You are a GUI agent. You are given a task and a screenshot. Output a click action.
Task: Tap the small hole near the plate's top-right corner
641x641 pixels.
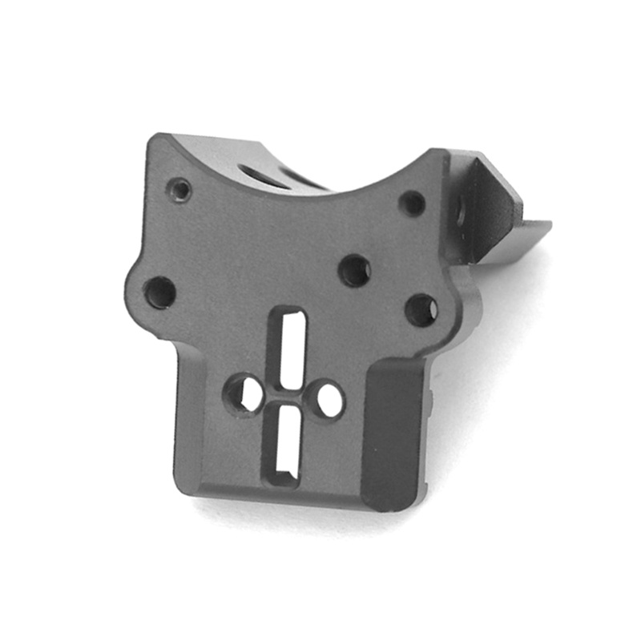pos(413,204)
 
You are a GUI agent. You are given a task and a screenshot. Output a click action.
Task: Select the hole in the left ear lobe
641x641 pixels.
pos(160,292)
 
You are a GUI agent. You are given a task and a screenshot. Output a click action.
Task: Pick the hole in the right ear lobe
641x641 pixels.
pos(421,309)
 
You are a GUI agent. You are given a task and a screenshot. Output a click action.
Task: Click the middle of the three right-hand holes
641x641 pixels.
pos(355,270)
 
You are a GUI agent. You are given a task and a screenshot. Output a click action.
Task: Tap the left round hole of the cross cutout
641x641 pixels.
pos(244,393)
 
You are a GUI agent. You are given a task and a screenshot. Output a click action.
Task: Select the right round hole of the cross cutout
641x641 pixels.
pos(329,399)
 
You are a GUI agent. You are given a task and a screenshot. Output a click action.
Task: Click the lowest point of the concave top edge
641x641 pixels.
pos(320,193)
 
